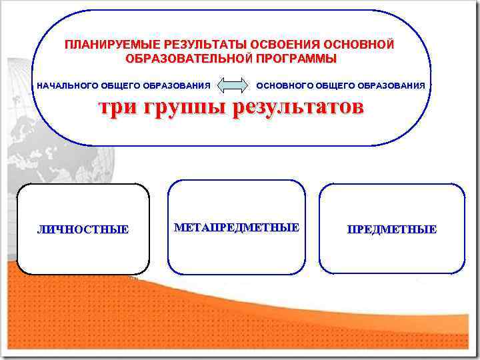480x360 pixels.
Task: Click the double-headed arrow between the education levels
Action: (233, 86)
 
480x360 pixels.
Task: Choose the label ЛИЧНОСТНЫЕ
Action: (83, 230)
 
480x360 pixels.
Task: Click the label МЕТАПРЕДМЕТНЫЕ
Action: (237, 228)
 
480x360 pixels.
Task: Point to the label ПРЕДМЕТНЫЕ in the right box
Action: (392, 230)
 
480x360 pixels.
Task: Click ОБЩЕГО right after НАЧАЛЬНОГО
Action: (120, 86)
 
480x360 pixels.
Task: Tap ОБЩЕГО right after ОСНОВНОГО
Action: (336, 86)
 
